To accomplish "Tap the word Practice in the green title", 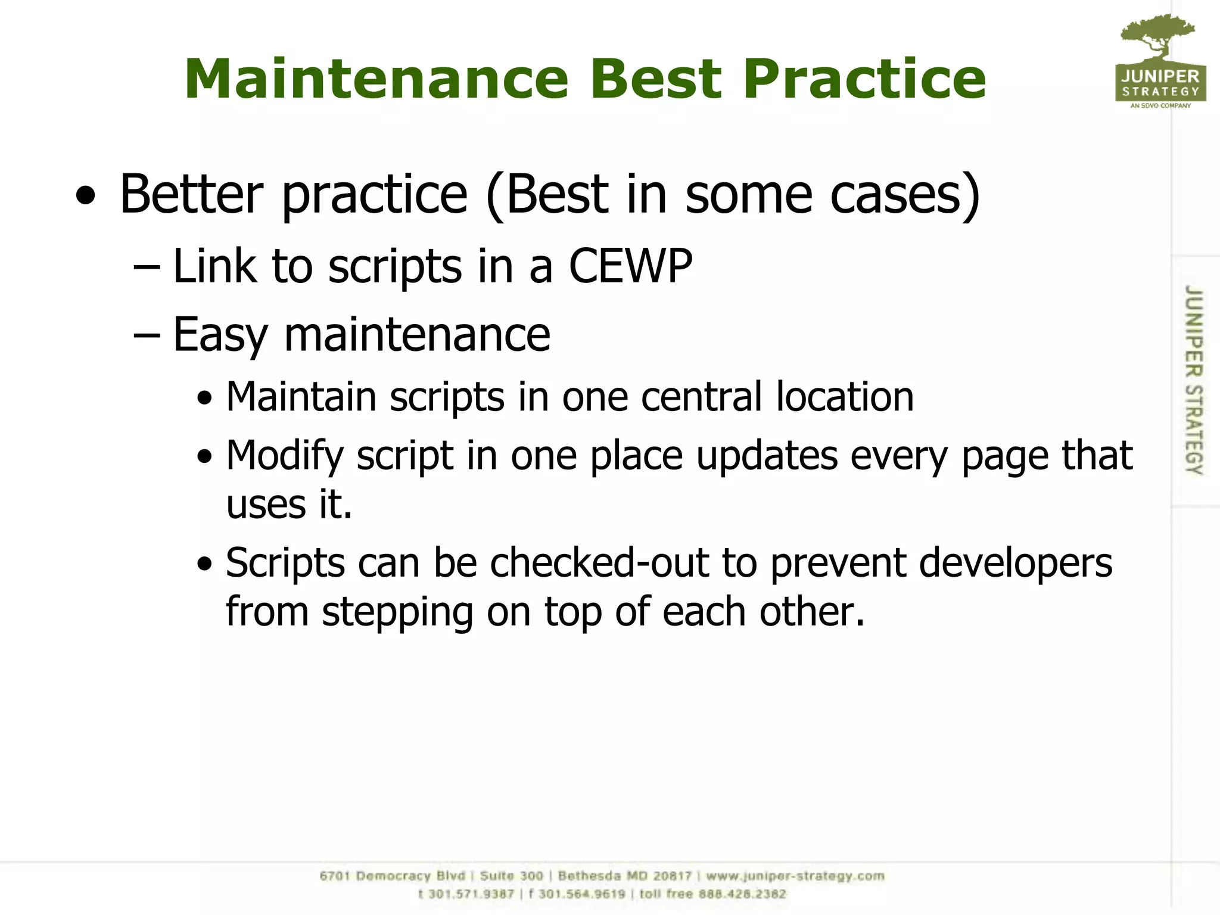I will [864, 79].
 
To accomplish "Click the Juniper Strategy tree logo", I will [1160, 60].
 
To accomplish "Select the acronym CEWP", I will [630, 266].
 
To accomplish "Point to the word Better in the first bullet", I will [191, 194].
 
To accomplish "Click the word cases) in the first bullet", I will [905, 195].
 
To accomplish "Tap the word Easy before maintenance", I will [220, 335].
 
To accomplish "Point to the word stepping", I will [397, 612].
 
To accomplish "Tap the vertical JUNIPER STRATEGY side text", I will [1193, 379].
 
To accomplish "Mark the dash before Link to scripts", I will [147, 267].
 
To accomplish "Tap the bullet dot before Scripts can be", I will [205, 564].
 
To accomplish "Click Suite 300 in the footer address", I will [511, 876].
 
